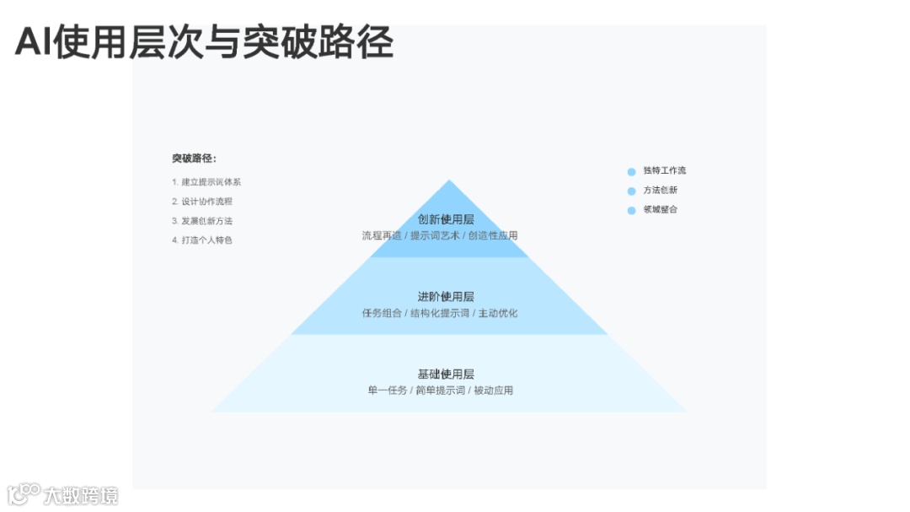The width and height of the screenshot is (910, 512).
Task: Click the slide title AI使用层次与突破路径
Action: [x=204, y=42]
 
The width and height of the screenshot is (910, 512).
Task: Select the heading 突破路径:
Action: [x=194, y=159]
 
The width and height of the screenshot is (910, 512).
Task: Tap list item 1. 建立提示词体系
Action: [x=206, y=182]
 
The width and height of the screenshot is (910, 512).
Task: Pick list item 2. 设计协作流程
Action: [x=202, y=202]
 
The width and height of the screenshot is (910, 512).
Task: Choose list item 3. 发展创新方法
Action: [x=202, y=221]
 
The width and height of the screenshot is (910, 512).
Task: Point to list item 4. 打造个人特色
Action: [x=202, y=240]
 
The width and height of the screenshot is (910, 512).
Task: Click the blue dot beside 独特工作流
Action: [x=631, y=171]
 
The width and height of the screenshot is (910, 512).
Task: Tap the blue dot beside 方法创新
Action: [x=631, y=191]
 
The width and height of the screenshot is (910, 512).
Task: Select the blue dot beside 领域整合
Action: [x=631, y=210]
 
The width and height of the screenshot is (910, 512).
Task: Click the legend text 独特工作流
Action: [x=665, y=170]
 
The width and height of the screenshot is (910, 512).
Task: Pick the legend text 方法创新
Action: [x=661, y=190]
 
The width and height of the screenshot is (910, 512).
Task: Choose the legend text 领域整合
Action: [x=661, y=209]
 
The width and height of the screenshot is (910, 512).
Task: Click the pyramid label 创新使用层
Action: [x=446, y=219]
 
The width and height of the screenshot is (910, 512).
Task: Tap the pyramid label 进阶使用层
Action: [x=446, y=297]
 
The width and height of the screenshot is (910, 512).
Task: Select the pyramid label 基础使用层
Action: [x=446, y=375]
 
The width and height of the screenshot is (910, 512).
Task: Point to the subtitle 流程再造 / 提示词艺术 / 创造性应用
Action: [x=440, y=236]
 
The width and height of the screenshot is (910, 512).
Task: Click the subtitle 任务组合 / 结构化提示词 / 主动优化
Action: [x=440, y=314]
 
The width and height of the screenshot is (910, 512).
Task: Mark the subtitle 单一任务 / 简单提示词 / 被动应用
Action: [x=440, y=391]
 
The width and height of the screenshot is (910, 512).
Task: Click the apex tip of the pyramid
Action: [x=449, y=181]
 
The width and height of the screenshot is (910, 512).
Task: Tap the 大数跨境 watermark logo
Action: [x=63, y=494]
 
